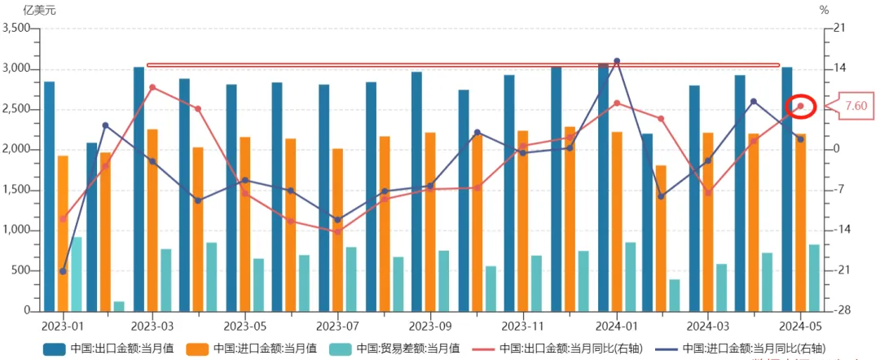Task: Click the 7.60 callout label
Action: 856,106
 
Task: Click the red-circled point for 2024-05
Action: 800,106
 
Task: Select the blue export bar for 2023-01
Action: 50,195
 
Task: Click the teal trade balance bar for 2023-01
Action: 77,274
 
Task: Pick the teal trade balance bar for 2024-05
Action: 814,277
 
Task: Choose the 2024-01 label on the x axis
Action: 616,325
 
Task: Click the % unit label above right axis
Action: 824,11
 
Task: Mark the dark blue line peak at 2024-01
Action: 617,61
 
